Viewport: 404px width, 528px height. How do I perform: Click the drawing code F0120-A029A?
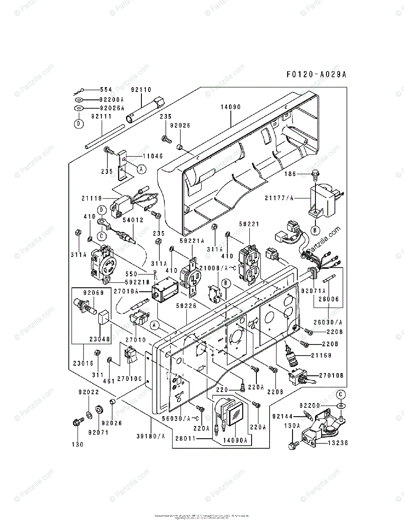[x=311, y=74]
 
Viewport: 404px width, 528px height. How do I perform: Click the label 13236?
[x=337, y=443]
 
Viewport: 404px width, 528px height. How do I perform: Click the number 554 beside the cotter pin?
[x=106, y=89]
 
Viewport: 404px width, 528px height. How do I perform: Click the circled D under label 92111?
[x=78, y=124]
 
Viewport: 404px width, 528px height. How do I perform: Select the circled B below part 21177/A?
[x=315, y=229]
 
